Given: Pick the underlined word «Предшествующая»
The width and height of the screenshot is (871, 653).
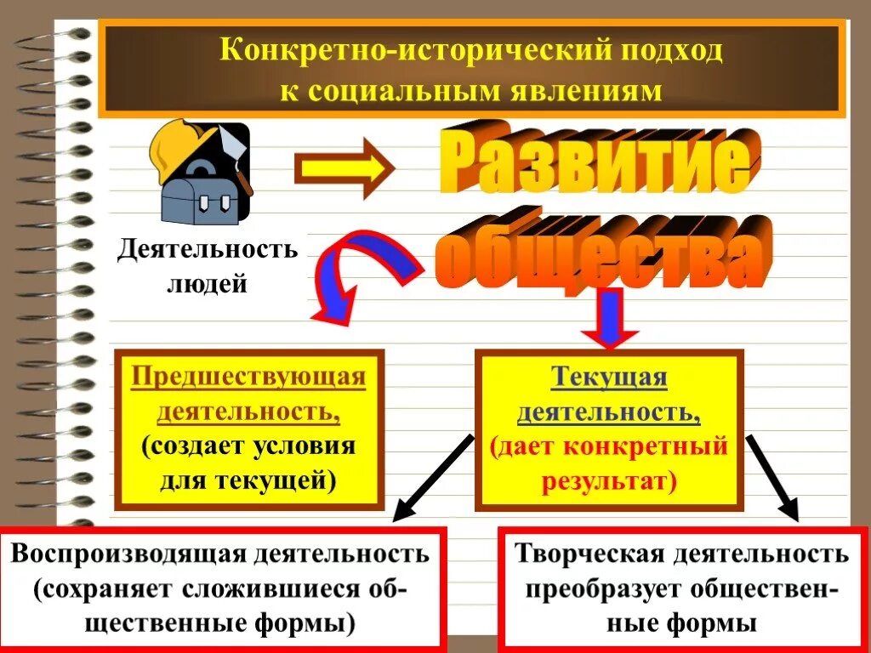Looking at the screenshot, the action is [248, 378].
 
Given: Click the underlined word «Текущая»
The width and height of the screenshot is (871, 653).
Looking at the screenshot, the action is [609, 378].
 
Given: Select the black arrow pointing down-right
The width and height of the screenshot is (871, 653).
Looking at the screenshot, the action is [773, 476].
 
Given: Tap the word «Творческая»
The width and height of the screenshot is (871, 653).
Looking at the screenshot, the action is [589, 554].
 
